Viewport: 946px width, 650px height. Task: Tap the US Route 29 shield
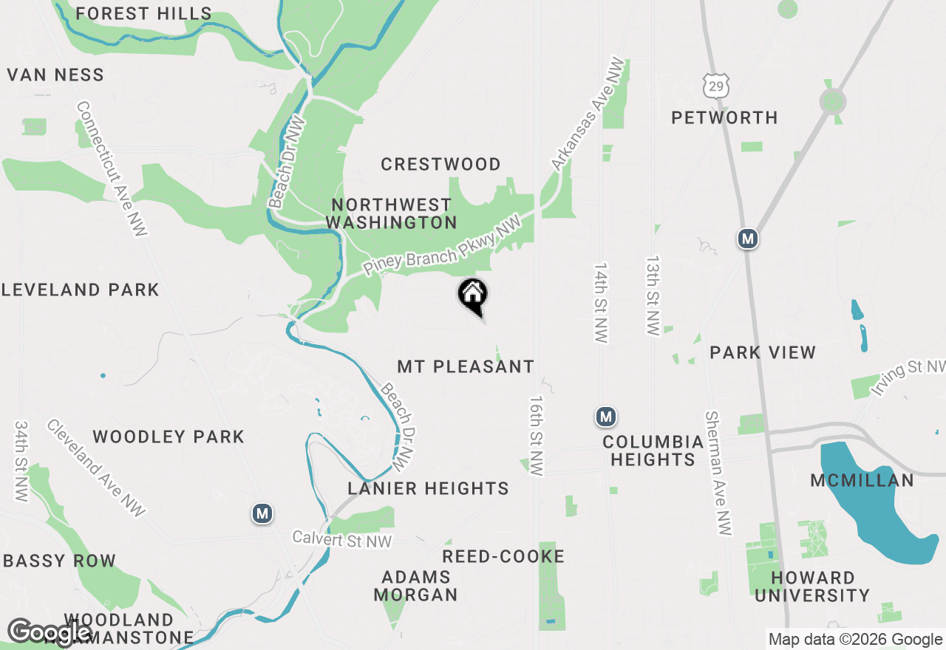716,85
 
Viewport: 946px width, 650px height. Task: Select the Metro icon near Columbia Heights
606,417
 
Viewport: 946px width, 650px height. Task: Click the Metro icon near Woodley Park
262,513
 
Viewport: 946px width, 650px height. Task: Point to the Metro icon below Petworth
749,239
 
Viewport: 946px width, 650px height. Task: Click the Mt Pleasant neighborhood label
466,366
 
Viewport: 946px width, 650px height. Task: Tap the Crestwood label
440,164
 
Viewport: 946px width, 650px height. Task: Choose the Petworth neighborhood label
724,117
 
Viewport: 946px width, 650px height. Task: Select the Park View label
763,352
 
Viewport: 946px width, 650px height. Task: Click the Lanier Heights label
429,488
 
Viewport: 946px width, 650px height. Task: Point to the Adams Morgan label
415,586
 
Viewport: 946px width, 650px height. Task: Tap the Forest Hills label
143,13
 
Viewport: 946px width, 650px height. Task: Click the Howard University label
812,586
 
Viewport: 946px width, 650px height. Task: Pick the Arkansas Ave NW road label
588,115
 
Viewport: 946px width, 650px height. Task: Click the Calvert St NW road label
341,540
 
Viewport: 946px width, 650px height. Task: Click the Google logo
49,632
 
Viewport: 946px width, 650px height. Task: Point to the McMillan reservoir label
862,480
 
